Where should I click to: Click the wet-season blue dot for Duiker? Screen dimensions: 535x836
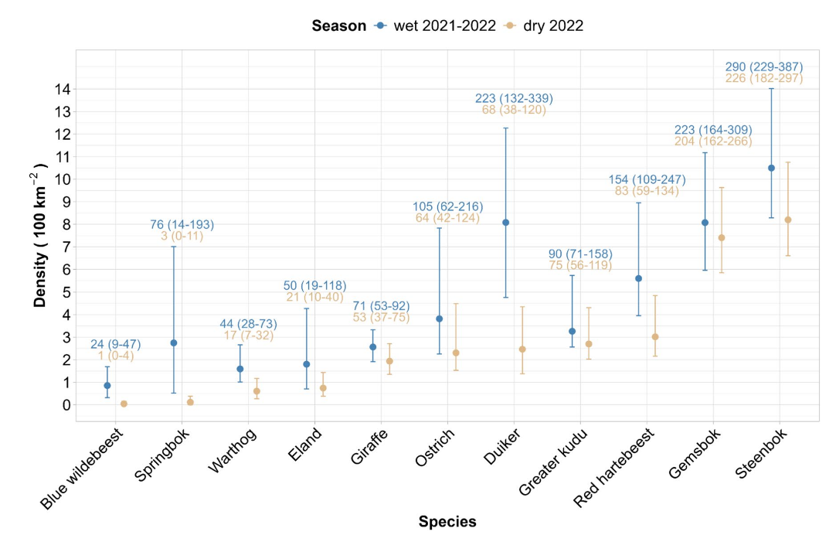tap(505, 223)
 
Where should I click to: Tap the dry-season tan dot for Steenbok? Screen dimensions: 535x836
tap(788, 220)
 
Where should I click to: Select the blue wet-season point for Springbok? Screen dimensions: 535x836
tap(174, 342)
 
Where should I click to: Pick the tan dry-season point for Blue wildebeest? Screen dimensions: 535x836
tap(124, 404)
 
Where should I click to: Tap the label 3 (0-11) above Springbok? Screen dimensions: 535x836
tap(182, 236)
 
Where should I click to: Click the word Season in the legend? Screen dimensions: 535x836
tap(338, 26)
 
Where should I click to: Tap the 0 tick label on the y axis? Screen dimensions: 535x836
tap(66, 404)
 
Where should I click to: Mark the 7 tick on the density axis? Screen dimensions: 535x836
tap(66, 247)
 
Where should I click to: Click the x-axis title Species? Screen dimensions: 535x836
tap(447, 521)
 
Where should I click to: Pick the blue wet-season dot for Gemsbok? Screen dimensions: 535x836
tap(705, 223)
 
